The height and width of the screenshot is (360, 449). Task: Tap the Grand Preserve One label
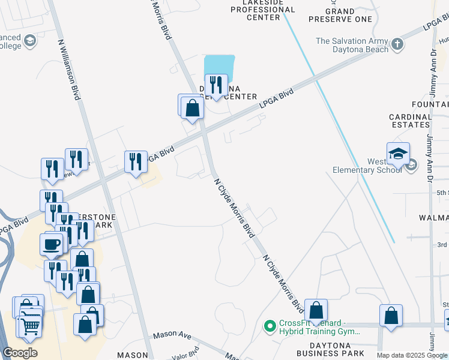click(x=349, y=15)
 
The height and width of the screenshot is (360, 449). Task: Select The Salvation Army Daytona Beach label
click(x=352, y=45)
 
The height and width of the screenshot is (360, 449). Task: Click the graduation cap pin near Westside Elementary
click(x=398, y=154)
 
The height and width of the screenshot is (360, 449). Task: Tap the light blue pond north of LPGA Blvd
click(x=219, y=65)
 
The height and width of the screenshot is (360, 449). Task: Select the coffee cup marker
click(x=52, y=244)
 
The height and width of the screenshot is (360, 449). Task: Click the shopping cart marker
click(x=30, y=326)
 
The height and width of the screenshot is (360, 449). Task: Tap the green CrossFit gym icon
click(x=270, y=326)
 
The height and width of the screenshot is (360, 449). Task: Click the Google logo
click(x=20, y=353)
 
